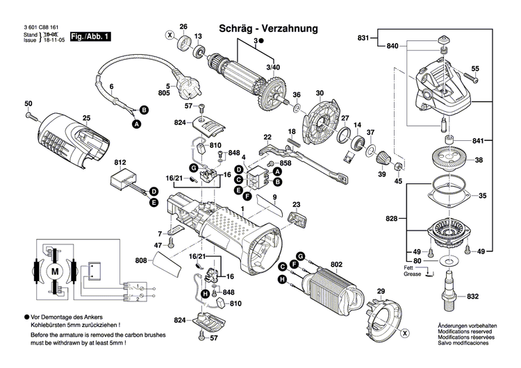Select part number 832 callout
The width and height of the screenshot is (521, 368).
474,296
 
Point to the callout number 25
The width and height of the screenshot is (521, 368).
87,117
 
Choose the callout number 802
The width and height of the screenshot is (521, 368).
337,264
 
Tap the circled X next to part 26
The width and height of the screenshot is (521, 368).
169,35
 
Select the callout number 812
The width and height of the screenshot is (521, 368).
121,161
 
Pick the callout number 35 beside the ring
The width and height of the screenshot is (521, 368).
482,196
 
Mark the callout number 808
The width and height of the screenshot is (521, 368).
141,261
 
